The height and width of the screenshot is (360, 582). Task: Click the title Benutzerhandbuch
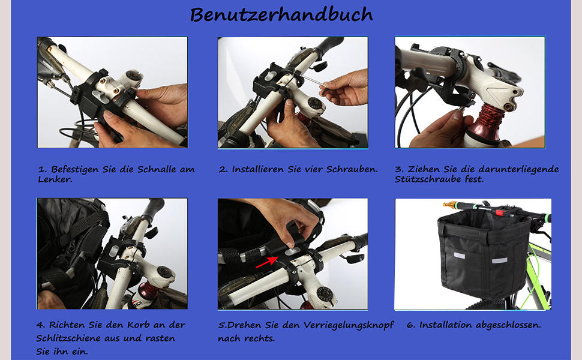point(281,15)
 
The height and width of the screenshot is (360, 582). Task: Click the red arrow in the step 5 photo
point(266,261)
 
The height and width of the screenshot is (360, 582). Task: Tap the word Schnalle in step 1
point(157,169)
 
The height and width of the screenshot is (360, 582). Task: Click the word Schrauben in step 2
point(351,169)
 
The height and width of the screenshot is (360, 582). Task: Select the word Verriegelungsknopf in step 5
point(349,325)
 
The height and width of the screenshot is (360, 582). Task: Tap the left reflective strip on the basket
point(460,256)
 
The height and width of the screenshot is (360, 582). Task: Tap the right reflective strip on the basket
point(500,260)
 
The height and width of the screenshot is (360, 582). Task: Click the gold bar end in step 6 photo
point(449,205)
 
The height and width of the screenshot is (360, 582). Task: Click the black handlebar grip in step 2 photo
point(328,44)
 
